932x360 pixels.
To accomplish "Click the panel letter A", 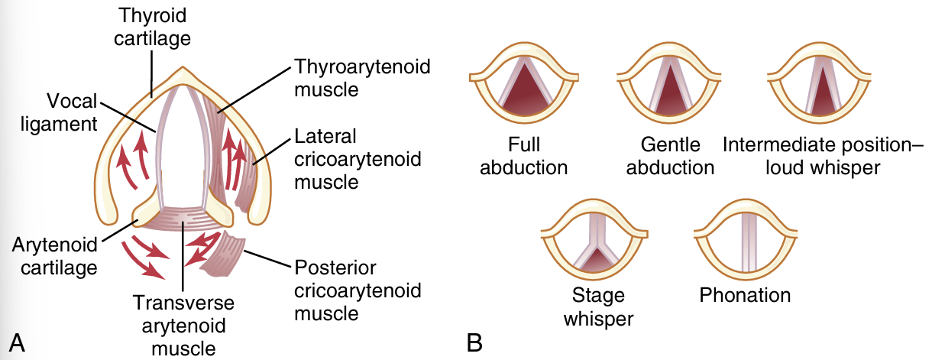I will coord(16,343).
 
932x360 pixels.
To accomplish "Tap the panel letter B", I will coord(474,343).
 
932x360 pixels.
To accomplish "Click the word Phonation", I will coord(745,295).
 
